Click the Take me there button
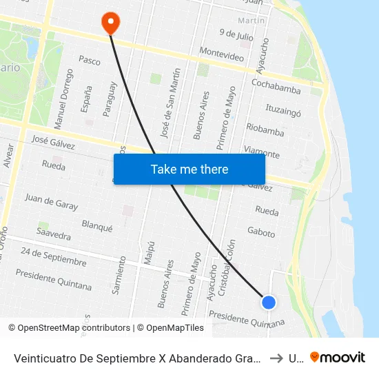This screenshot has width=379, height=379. tap(189, 169)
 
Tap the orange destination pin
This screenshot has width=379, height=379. tap(110, 23)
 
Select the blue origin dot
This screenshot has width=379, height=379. tap(269, 302)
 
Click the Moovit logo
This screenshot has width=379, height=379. tap(338, 357)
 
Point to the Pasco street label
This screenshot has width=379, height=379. tap(90, 61)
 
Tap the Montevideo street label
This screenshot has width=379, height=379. tap(221, 54)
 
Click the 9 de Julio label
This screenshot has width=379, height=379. tap(236, 34)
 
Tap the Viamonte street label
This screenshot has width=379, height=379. tap(262, 152)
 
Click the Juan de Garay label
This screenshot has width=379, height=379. tap(51, 201)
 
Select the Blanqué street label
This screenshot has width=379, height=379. tap(96, 226)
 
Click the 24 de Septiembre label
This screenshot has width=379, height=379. tap(54, 256)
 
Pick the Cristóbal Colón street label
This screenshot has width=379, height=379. tap(231, 269)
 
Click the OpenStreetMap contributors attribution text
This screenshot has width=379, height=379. tap(74, 328)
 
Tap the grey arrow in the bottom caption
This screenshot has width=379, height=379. tap(275, 358)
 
